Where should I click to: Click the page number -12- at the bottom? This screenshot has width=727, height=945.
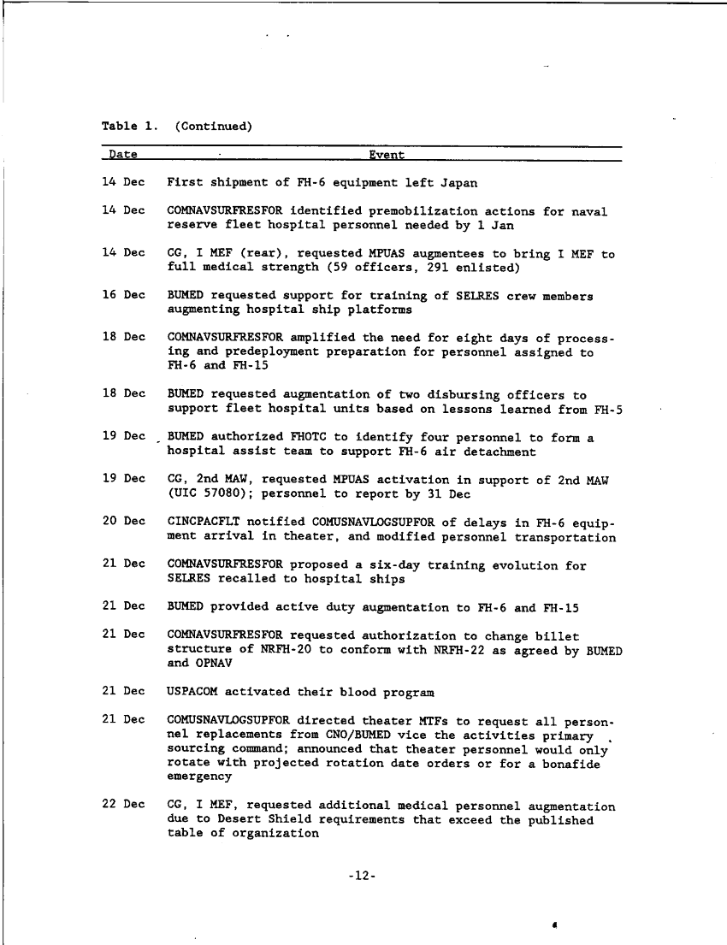click(x=363, y=876)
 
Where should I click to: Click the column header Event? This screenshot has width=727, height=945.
click(x=387, y=155)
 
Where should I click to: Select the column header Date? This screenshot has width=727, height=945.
click(x=123, y=155)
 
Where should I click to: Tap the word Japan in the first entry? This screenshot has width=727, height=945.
click(x=459, y=182)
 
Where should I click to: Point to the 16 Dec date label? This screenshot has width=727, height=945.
click(x=123, y=295)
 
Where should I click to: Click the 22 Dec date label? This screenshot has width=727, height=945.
click(x=123, y=806)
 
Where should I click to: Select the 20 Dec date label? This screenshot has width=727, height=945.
click(x=123, y=522)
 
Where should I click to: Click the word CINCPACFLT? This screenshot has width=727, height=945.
click(x=203, y=522)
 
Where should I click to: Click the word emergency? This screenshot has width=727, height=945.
click(x=199, y=777)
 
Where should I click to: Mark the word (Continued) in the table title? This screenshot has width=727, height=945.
click(x=213, y=127)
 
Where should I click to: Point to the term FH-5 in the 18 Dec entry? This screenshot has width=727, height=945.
click(x=607, y=409)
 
